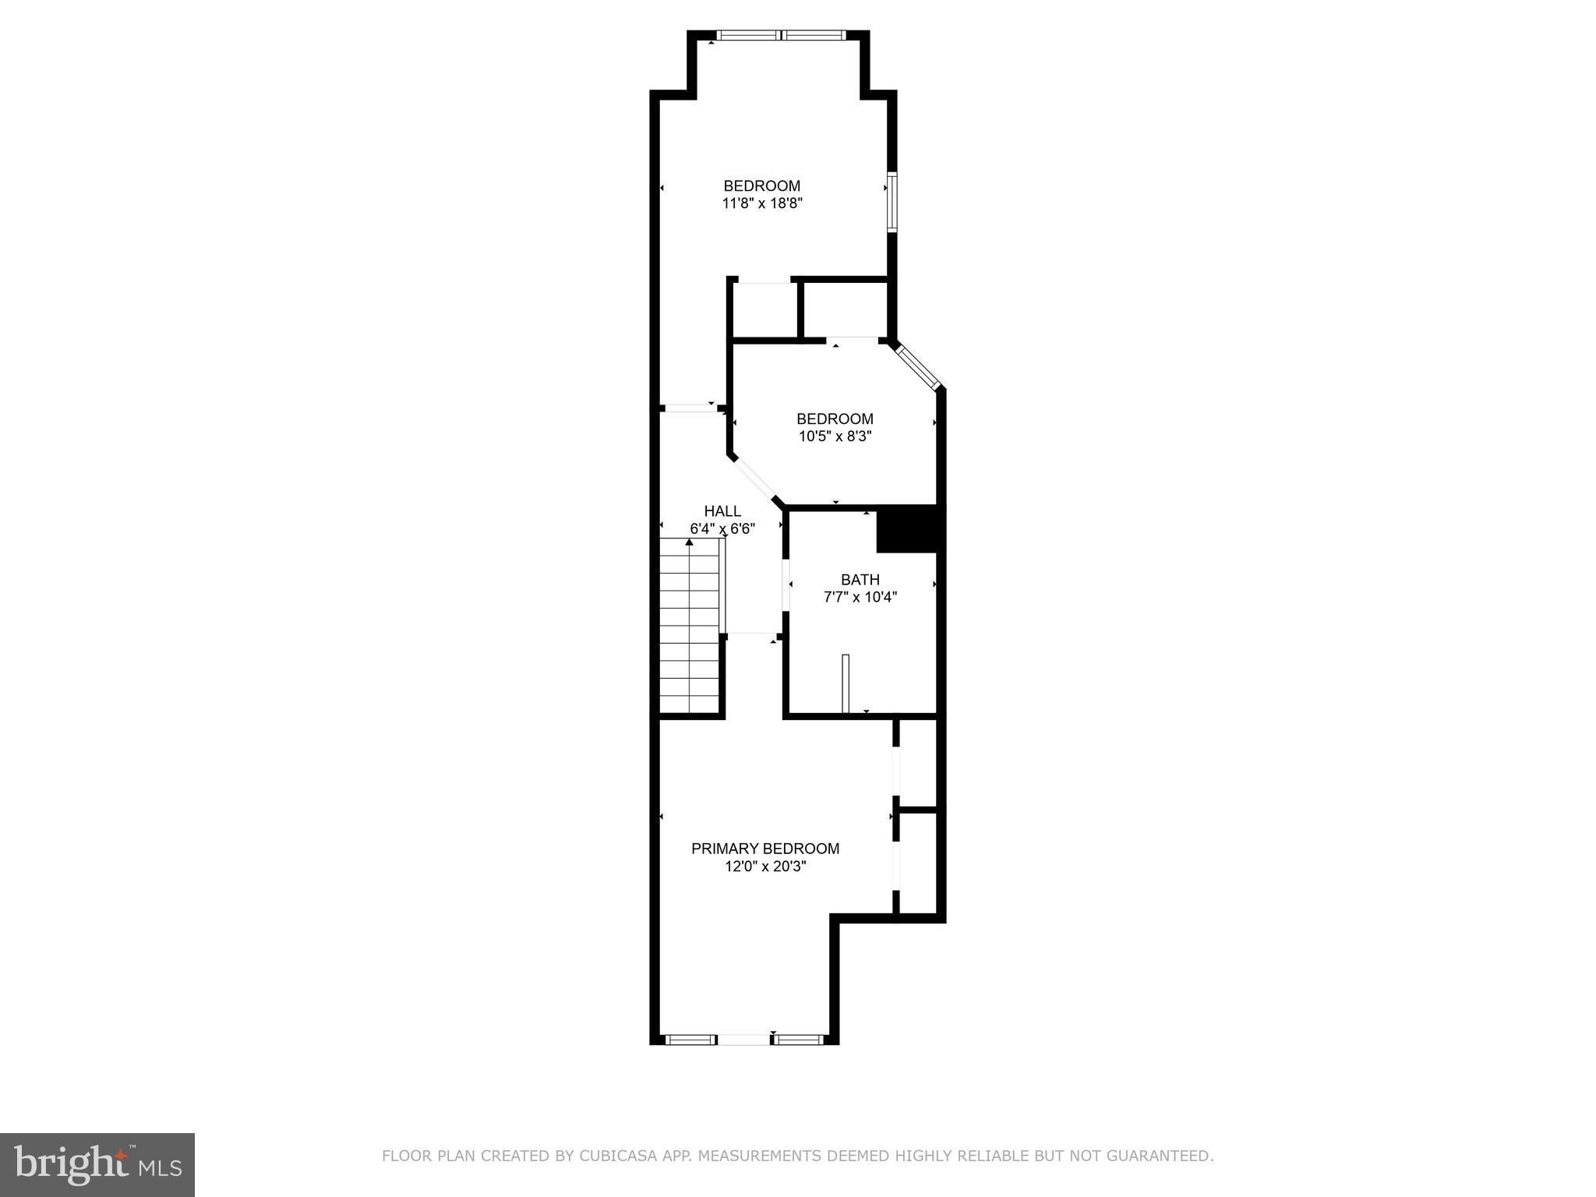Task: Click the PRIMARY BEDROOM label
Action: (764, 849)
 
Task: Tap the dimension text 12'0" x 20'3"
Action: (764, 867)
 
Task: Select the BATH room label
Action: (860, 580)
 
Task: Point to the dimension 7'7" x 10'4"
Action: (860, 598)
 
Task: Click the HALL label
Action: (722, 511)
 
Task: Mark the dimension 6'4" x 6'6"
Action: (722, 529)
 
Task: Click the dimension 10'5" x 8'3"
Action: (835, 436)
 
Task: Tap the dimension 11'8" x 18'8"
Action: (762, 203)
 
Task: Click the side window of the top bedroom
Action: (892, 202)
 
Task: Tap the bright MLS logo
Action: (97, 1164)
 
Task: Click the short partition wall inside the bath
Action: (846, 683)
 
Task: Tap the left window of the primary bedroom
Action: (690, 1039)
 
